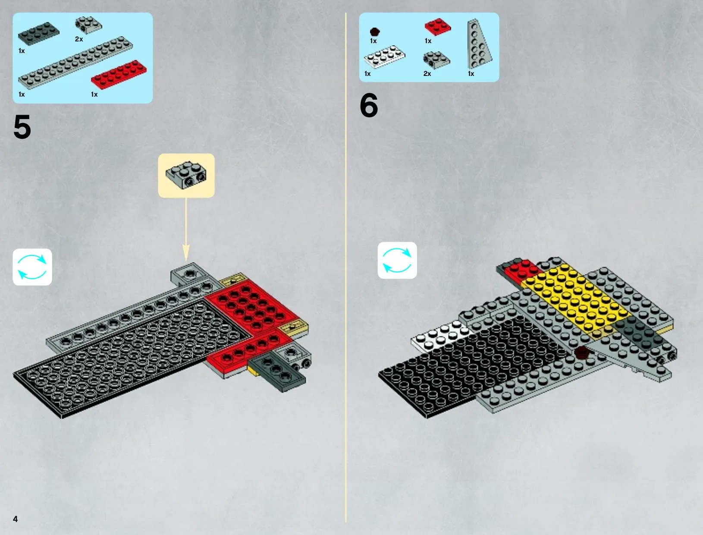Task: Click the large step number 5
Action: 22,127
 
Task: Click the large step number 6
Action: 369,105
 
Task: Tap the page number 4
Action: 16,519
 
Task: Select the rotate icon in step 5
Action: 32,267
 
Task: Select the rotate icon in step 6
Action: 397,260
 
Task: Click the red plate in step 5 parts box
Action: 119,74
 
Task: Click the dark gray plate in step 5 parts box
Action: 38,33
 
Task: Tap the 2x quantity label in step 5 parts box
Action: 79,39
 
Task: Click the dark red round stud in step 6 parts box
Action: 375,32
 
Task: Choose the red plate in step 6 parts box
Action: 438,27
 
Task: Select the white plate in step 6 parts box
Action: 384,57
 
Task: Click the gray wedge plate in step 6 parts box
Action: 479,44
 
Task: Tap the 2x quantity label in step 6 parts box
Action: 427,74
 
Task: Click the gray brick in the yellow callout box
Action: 186,175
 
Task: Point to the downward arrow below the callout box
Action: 186,230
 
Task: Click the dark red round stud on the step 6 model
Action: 582,352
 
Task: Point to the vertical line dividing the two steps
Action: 346,267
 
